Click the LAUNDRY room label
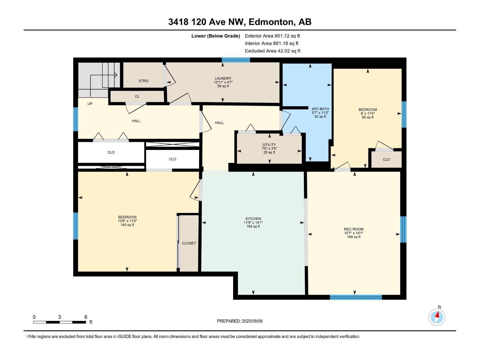point(223,79)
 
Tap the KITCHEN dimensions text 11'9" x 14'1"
point(253,223)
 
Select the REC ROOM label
point(354,229)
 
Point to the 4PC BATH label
point(320,109)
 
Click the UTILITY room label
point(269,145)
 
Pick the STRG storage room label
point(143,81)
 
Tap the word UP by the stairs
point(90,104)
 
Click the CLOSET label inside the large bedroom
point(189,243)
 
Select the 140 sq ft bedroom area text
point(127,225)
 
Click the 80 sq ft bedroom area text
point(367,117)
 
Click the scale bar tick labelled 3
point(59,317)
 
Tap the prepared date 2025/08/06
point(252,321)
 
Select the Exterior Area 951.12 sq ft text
point(272,36)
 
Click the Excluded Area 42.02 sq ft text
point(272,51)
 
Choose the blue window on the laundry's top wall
point(236,60)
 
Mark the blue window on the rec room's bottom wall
point(355,297)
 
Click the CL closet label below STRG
point(137,96)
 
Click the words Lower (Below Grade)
point(215,36)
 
